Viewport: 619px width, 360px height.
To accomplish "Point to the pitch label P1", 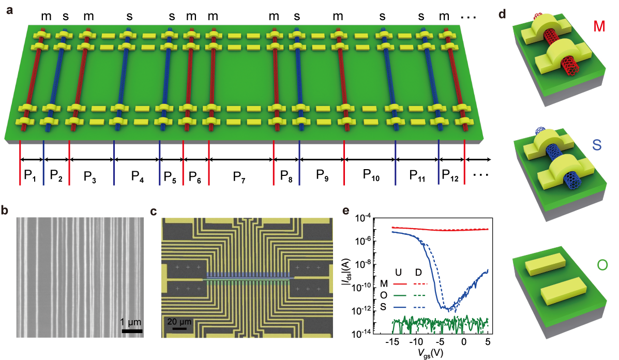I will coord(30,176).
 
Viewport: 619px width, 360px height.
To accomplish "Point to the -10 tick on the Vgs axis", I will coord(416,342).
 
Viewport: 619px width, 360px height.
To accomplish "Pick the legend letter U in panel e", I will coord(397,272).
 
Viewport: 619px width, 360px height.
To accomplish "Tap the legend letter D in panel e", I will coord(419,272).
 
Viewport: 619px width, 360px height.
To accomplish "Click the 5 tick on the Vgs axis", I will coord(488,342).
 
